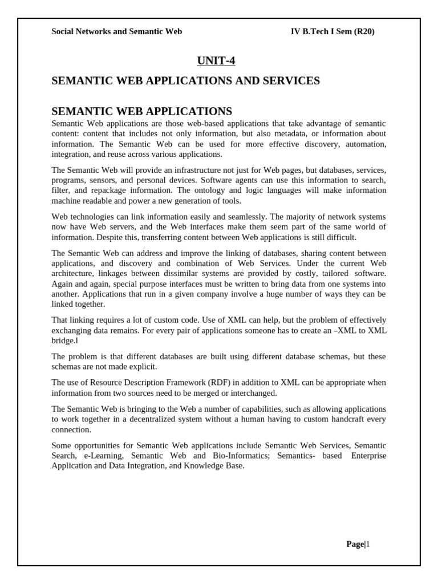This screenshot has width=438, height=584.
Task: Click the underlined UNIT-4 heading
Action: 216,60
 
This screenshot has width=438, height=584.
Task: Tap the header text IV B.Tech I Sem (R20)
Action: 332,31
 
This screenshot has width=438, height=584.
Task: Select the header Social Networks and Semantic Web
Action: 117,31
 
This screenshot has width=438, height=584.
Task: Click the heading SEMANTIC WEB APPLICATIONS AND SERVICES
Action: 185,81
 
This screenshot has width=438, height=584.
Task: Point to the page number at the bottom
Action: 358,544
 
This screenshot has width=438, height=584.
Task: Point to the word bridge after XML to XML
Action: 63,340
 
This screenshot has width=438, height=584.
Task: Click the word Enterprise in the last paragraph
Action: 368,456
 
